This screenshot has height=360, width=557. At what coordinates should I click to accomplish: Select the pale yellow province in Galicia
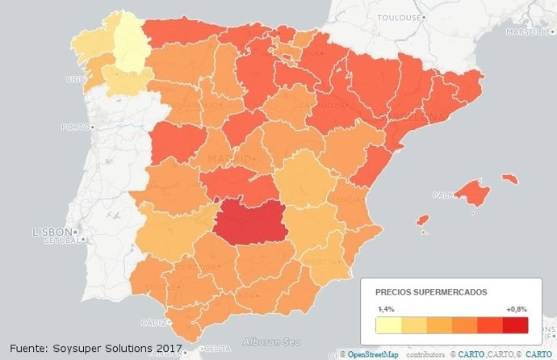[127, 40]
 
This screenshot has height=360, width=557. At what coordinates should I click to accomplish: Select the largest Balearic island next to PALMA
[471, 192]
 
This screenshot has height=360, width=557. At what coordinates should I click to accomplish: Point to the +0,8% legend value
[517, 309]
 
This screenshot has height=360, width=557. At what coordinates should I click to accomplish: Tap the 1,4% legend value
[387, 309]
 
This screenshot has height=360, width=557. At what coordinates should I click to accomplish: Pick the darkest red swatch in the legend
[515, 324]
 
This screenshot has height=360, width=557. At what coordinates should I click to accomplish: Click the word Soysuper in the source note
[82, 348]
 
